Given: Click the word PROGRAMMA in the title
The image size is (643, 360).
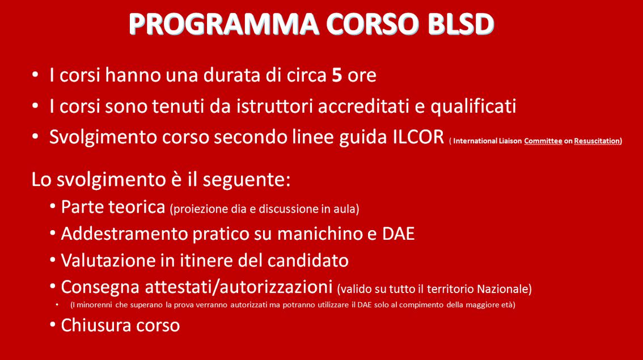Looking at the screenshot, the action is pyautogui.click(x=224, y=24).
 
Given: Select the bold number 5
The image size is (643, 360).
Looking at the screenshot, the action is pyautogui.click(x=337, y=75).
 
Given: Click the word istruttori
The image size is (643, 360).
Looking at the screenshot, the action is pyautogui.click(x=274, y=106).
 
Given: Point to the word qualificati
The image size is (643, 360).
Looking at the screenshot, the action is pyautogui.click(x=473, y=107).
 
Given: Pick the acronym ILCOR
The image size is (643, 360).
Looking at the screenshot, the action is pyautogui.click(x=418, y=137).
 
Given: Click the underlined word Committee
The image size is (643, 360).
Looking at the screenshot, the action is pyautogui.click(x=543, y=141).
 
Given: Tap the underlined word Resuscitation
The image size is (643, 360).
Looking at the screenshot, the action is pyautogui.click(x=597, y=141).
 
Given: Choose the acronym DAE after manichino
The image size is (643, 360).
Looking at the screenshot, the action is pyautogui.click(x=398, y=234).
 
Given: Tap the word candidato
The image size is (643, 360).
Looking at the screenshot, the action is pyautogui.click(x=308, y=260).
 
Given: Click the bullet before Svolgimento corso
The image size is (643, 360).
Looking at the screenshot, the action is pyautogui.click(x=35, y=137).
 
